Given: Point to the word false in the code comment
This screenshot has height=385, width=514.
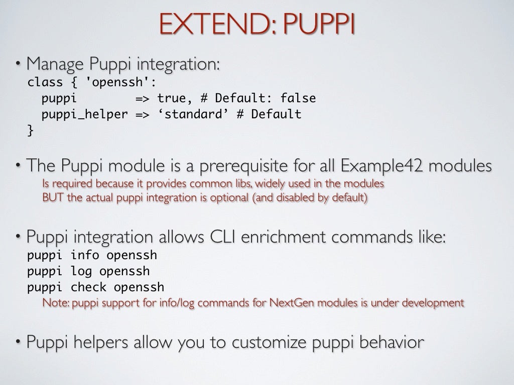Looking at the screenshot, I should (x=298, y=98).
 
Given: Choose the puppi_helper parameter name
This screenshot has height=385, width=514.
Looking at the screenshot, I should (x=84, y=114).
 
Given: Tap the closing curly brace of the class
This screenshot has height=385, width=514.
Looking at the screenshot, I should (x=31, y=130).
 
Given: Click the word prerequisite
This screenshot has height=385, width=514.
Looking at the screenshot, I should (x=239, y=166).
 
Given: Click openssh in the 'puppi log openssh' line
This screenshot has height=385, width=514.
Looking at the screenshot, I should (x=124, y=271).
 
